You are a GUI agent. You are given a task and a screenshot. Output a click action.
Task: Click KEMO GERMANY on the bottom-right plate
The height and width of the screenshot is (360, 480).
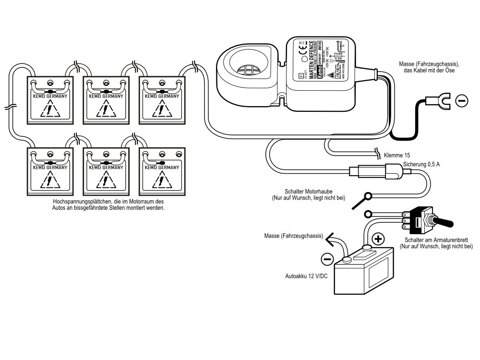[x=162, y=168]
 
